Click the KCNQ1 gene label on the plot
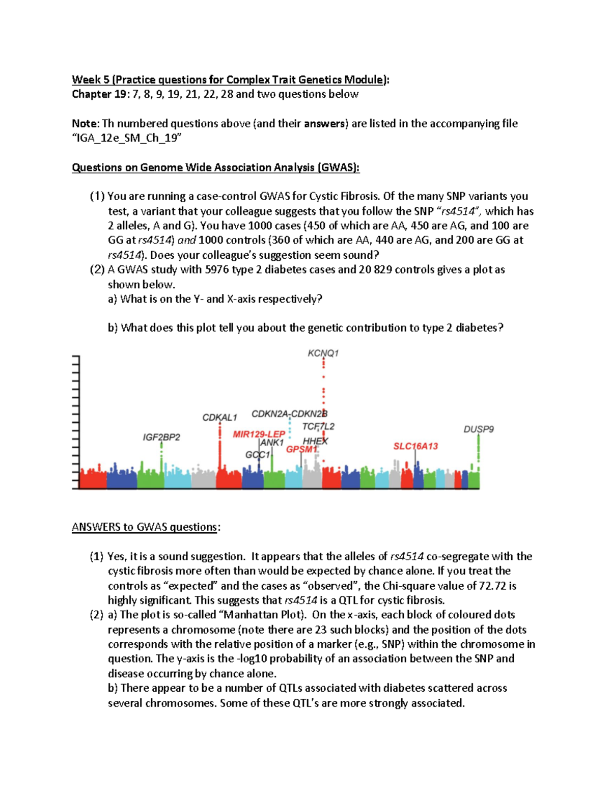pos(323,353)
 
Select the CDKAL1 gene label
pos(219,418)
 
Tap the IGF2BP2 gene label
pos(161,437)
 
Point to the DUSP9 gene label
pos(479,429)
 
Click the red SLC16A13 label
pos(415,446)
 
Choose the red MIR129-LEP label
pos(259,434)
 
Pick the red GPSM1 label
pos(301,449)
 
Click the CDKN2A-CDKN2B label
pos(289,414)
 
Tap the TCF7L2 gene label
pos(318,426)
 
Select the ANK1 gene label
pos(272,443)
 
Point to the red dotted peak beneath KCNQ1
pos(324,392)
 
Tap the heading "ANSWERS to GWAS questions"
pos(146,527)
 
